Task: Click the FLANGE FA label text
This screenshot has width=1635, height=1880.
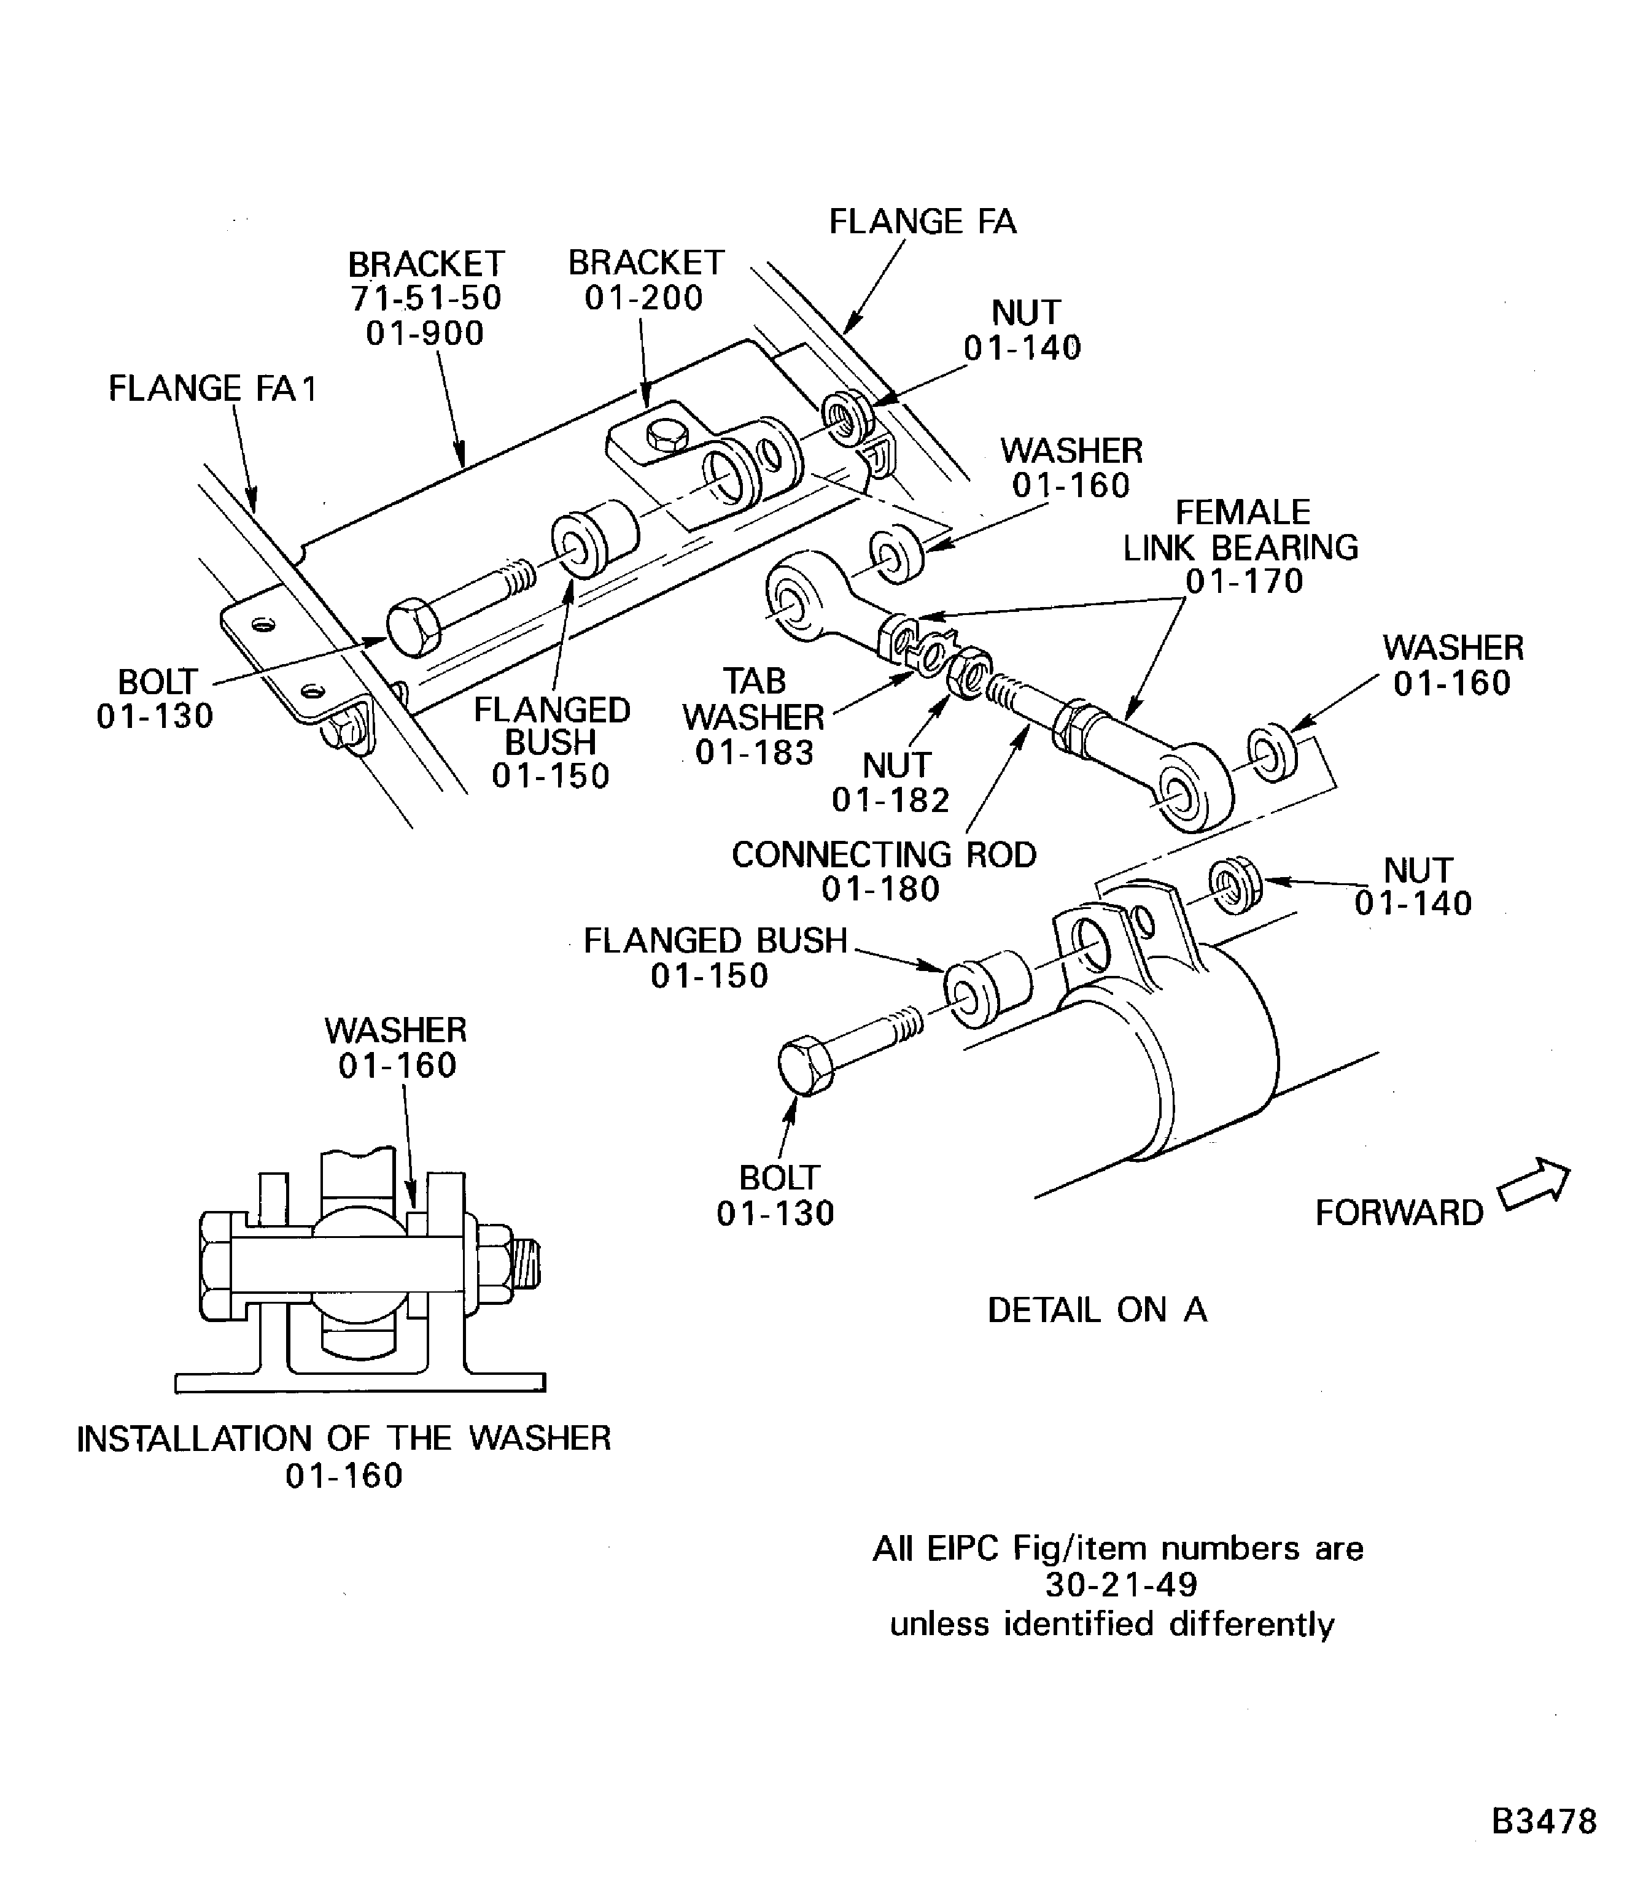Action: tap(922, 222)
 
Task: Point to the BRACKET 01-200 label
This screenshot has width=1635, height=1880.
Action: tap(645, 280)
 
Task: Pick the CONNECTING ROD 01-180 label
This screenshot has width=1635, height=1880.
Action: tap(883, 871)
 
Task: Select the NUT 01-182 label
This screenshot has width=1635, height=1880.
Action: tap(892, 783)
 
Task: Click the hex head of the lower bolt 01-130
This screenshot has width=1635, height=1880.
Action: tap(805, 1064)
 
